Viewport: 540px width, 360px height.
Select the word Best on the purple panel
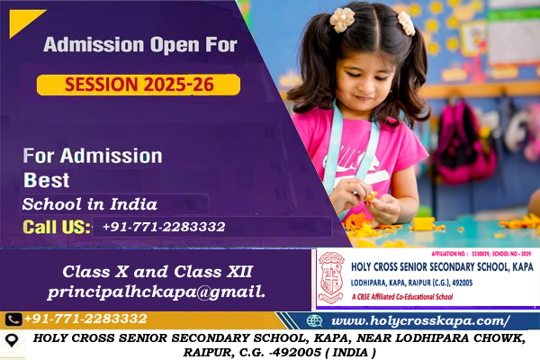coord(46,178)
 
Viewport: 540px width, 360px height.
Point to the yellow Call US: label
coord(57,227)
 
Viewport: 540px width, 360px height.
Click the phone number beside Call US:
coord(163,227)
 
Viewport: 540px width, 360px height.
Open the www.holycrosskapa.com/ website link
coord(420,320)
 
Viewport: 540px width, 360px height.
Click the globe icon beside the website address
coord(314,320)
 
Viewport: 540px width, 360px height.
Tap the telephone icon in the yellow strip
coord(13,319)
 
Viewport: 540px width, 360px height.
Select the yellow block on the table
coord(423,222)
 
